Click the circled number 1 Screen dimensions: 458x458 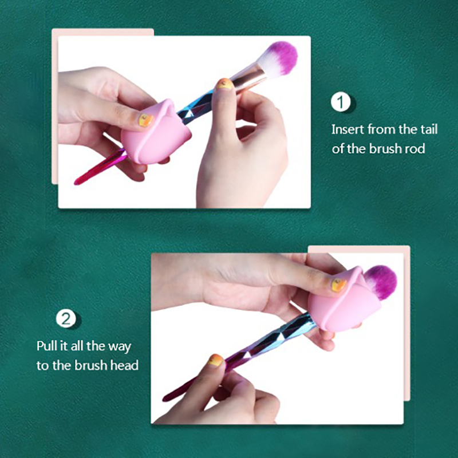[341, 102]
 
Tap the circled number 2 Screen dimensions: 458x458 [66, 319]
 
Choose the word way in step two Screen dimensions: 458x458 [120, 347]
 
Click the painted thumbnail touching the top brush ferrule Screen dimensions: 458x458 [224, 84]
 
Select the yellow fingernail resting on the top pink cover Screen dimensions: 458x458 [145, 120]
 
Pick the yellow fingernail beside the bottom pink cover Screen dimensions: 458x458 [338, 285]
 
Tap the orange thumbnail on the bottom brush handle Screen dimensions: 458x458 [216, 360]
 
